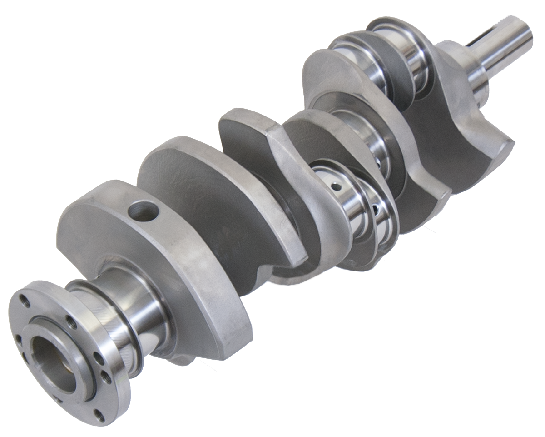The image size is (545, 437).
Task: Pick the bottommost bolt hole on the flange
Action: tap(99, 416)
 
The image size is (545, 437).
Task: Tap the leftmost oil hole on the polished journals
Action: tap(336, 186)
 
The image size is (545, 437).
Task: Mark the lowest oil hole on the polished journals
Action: tap(376, 210)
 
